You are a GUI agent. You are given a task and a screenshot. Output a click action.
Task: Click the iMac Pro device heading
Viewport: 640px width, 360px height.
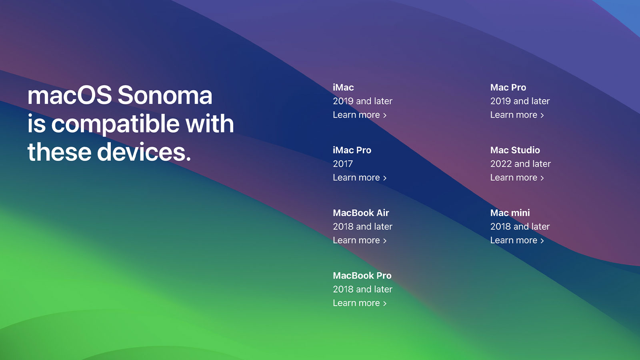point(352,150)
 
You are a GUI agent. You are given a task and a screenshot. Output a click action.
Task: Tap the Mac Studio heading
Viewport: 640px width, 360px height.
point(515,150)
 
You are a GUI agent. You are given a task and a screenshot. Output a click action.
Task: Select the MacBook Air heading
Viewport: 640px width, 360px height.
point(361,213)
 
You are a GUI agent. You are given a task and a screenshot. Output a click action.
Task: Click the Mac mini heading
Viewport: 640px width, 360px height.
point(510,213)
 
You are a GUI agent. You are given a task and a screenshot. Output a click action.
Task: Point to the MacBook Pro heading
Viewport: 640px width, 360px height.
point(362,276)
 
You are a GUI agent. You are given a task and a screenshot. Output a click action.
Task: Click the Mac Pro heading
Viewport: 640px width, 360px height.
point(508,88)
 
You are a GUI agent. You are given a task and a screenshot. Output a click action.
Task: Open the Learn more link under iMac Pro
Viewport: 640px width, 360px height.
point(360,178)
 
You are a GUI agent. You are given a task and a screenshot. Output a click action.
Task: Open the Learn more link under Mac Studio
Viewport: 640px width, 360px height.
point(517,178)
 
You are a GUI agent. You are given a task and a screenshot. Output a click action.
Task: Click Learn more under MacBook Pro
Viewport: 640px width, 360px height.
point(360,303)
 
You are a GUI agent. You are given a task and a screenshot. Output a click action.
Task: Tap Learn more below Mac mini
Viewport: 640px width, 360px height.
point(517,240)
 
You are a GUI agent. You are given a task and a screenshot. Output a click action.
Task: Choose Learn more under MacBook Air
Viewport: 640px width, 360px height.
point(360,240)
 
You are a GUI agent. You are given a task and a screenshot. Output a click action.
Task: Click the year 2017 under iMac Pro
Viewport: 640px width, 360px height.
point(343,164)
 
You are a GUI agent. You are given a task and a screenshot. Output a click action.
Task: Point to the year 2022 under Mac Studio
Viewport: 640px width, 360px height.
point(500,164)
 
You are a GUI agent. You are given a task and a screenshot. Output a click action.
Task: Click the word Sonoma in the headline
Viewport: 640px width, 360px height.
point(165,95)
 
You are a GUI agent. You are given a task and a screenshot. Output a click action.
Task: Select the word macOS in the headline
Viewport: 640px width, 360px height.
point(70,95)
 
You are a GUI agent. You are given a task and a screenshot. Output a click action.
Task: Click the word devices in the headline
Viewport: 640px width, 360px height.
point(144,152)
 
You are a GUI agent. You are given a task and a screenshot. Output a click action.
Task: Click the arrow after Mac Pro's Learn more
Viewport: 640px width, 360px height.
point(542,115)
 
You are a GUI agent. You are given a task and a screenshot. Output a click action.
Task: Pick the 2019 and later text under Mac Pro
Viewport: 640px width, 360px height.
point(520,101)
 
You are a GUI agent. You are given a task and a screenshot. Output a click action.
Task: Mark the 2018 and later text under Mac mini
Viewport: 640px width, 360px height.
point(520,226)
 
